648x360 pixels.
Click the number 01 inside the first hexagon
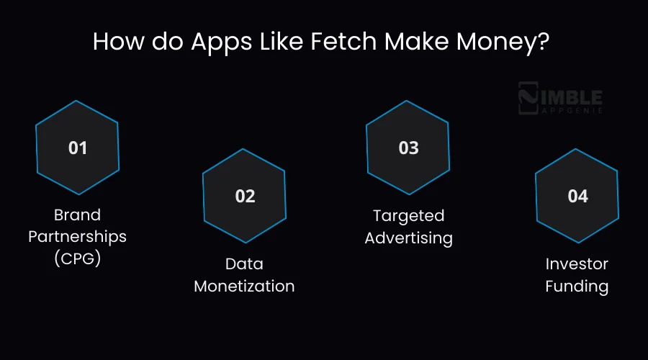click(x=78, y=148)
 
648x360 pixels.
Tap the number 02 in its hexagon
click(x=245, y=196)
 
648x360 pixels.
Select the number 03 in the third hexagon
click(x=408, y=148)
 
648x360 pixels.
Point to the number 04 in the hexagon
click(x=577, y=196)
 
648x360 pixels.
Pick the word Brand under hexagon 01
click(x=77, y=215)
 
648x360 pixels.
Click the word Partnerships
click(x=77, y=236)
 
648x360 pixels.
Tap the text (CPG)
click(x=77, y=258)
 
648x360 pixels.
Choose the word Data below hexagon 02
click(x=245, y=264)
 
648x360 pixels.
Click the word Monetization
click(x=245, y=286)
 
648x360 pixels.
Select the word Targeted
click(x=408, y=215)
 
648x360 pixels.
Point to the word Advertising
click(x=408, y=238)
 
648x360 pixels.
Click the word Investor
click(x=577, y=264)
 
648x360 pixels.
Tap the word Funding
click(x=577, y=286)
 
